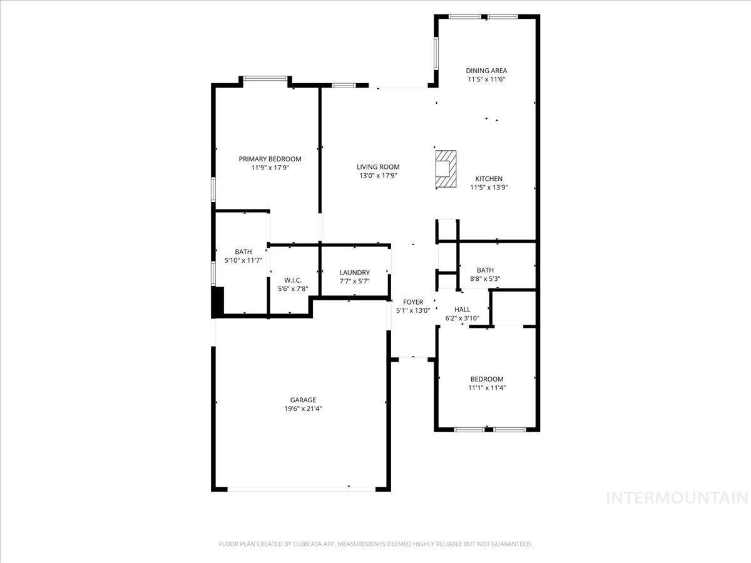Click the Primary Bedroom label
pos(270,159)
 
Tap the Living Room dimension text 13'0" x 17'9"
pos(378,176)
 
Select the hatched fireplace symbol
pos(446,169)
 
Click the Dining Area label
pos(486,71)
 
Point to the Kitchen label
pos(489,179)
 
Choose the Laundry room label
pos(355,273)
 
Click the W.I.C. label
pos(293,280)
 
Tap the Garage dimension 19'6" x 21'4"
pos(303,408)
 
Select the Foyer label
pos(413,302)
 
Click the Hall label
pos(462,310)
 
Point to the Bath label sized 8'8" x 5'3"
pos(485,270)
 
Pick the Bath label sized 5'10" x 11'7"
pos(243,251)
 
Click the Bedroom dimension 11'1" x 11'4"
pos(487,388)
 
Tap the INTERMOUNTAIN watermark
pos(677,498)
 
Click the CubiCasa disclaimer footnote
pos(375,544)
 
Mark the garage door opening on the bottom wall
pos(302,489)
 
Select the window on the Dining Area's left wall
pos(436,53)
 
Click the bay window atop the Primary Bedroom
pos(265,79)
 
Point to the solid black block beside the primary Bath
pos(218,302)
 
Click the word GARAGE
pos(303,400)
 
